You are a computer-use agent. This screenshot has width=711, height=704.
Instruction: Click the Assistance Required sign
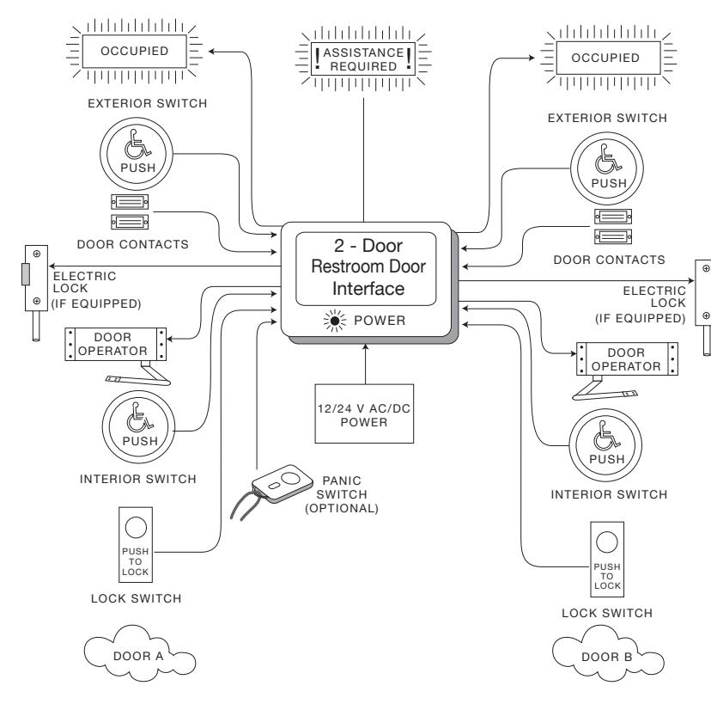[363, 59]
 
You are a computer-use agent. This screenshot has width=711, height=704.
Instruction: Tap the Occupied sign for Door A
[134, 52]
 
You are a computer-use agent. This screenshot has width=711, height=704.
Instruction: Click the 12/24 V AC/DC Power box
[364, 413]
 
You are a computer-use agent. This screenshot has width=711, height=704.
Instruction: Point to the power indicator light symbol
[335, 321]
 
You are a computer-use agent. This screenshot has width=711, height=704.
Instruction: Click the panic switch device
[282, 484]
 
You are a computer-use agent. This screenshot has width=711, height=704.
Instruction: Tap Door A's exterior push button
[137, 154]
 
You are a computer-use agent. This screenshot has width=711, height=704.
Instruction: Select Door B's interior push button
[605, 445]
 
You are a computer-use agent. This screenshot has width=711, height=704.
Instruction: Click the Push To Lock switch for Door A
[136, 545]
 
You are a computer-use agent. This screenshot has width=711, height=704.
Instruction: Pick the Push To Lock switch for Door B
[607, 560]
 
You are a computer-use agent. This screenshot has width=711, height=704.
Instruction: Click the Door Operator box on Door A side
[116, 344]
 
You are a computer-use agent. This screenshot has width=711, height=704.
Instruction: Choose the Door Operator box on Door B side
[627, 359]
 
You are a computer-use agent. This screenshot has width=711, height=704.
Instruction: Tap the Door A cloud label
[139, 654]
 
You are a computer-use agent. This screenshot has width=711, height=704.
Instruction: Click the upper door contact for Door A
[130, 201]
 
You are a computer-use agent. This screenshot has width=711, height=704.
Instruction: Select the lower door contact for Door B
[613, 236]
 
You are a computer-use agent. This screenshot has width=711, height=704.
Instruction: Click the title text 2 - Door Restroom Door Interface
[368, 266]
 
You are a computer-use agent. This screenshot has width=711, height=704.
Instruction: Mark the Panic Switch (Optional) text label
[342, 494]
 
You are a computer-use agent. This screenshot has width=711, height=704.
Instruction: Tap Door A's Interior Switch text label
[138, 479]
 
